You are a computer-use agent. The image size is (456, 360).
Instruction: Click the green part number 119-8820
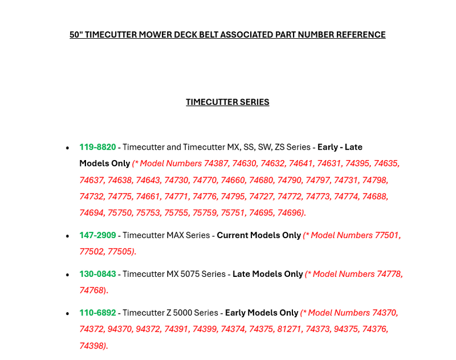(97, 147)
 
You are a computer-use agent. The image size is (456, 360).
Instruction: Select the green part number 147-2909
(97, 235)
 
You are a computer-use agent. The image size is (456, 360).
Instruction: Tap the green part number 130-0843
(97, 274)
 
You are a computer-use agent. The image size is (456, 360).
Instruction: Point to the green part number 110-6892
(97, 313)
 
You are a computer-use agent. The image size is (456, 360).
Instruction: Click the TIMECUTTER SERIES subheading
(227, 103)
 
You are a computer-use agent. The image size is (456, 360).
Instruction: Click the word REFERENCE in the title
(359, 35)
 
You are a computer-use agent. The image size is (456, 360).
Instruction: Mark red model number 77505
(121, 251)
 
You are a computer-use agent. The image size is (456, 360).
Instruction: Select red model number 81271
(289, 329)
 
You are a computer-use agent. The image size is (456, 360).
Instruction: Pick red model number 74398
(93, 346)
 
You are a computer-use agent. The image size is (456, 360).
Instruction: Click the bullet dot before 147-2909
(68, 236)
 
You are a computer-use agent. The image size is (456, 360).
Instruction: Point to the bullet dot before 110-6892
(68, 313)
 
